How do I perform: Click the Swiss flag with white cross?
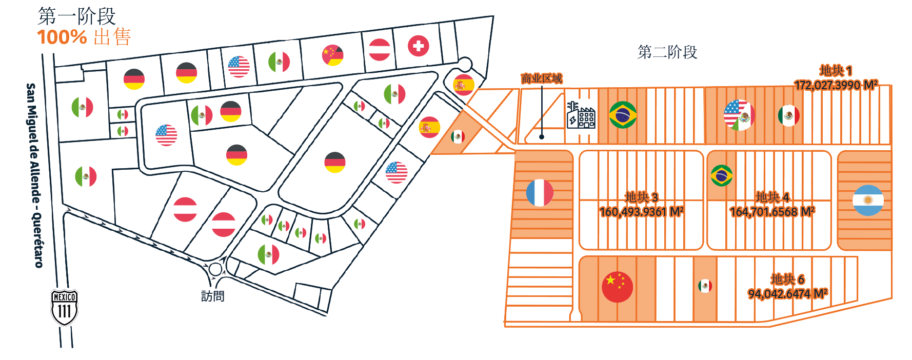[419, 46]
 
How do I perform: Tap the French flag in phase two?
[540, 193]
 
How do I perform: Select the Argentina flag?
[868, 200]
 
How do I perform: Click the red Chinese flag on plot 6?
[617, 287]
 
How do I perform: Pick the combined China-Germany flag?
[333, 55]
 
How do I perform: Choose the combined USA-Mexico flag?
[739, 115]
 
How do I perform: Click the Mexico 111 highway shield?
[64, 307]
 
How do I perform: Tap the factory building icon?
[581, 115]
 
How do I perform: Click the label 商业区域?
[542, 78]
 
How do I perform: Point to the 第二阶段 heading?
[667, 52]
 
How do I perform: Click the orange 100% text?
[62, 37]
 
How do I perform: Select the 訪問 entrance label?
[212, 296]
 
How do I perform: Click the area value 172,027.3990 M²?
[836, 85]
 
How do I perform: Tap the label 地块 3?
[641, 197]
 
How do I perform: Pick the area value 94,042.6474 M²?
[787, 294]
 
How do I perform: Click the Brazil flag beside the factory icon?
[623, 115]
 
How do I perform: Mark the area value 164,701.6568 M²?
[772, 211]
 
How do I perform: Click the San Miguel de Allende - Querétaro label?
[34, 175]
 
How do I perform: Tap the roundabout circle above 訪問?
[215, 269]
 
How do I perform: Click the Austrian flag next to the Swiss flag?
[380, 50]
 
